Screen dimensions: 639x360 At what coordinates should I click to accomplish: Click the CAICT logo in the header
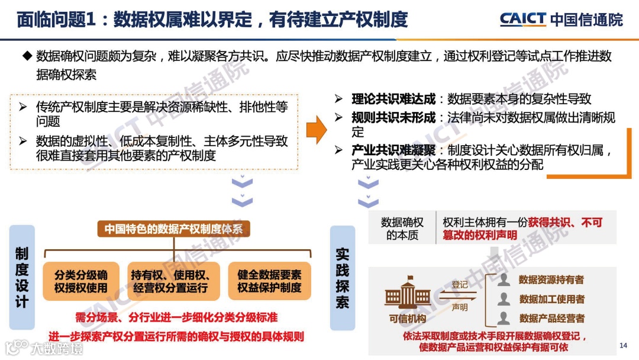click(522, 19)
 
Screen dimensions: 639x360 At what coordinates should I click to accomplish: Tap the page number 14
click(622, 345)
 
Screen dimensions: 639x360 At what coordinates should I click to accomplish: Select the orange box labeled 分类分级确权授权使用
click(81, 281)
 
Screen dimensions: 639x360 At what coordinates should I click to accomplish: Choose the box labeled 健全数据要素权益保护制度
click(269, 281)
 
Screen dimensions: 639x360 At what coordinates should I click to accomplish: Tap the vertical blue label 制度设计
click(22, 277)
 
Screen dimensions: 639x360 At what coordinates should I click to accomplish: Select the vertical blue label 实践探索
click(343, 277)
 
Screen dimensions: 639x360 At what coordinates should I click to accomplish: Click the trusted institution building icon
click(408, 297)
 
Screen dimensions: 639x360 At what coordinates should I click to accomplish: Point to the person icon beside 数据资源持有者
click(504, 279)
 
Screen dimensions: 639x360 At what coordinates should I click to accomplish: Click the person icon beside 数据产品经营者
click(504, 318)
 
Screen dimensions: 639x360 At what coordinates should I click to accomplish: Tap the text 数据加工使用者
click(551, 299)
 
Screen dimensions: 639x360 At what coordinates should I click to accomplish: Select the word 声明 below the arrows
click(460, 307)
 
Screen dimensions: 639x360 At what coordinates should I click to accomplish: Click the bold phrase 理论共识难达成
click(393, 99)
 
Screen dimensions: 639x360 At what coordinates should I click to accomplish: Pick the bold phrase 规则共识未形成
click(393, 117)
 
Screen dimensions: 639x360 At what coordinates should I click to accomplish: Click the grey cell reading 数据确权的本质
click(402, 229)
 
